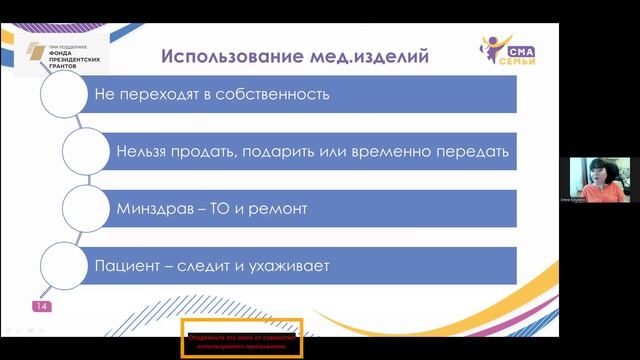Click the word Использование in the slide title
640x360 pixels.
pyautogui.click(x=221, y=55)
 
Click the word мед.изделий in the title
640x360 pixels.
pyautogui.click(x=367, y=55)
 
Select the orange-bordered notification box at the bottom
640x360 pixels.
pyautogui.click(x=240, y=340)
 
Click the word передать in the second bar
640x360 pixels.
pyautogui.click(x=473, y=153)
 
